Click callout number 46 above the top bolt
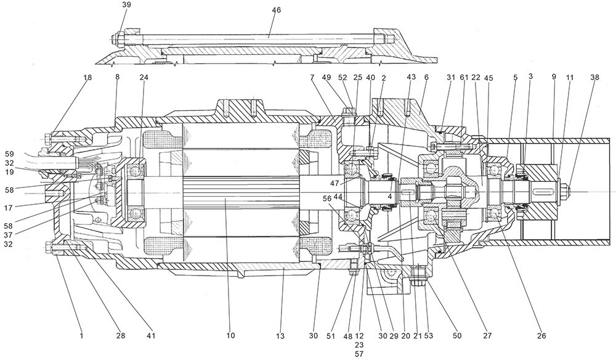[x=276, y=10]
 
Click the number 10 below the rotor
[x=230, y=335]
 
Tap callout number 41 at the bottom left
[x=151, y=335]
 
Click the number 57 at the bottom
[x=359, y=355]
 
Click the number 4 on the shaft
[x=390, y=196]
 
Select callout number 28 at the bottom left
[x=121, y=335]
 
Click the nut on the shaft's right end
[x=565, y=184]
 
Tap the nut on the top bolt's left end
[x=116, y=39]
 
